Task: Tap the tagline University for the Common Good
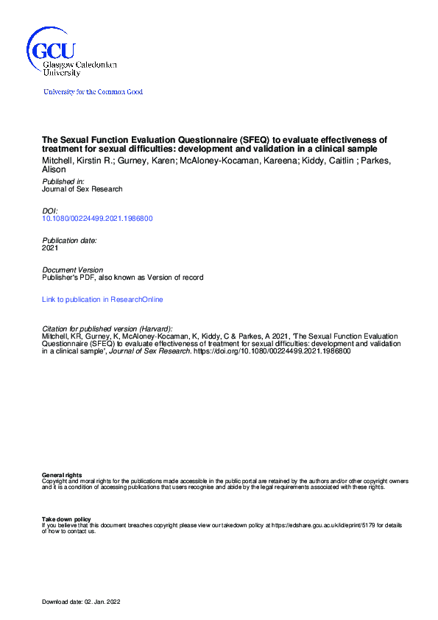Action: [93, 92]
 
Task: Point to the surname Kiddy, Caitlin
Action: [332, 161]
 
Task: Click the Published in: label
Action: [63, 181]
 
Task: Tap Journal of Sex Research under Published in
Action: [82, 189]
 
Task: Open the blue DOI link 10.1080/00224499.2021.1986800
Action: [97, 219]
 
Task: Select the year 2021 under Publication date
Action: [50, 248]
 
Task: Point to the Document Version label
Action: [73, 270]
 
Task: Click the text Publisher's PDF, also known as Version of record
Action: [122, 278]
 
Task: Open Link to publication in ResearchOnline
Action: [102, 300]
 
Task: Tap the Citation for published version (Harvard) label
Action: [107, 328]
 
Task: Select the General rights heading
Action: [62, 476]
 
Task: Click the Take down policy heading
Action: [66, 519]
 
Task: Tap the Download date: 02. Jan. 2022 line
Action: [81, 602]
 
